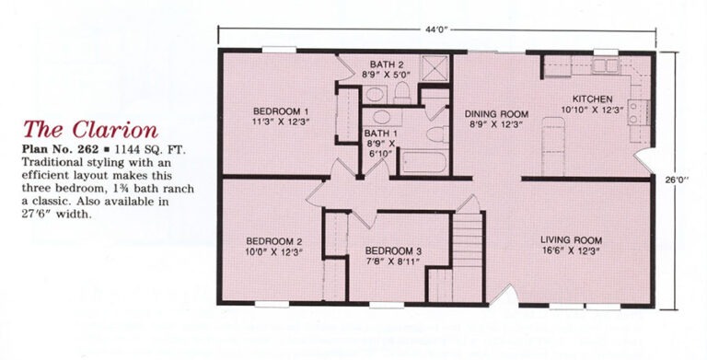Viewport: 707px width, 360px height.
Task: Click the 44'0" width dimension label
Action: (x=435, y=30)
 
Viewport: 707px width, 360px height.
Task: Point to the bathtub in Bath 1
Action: (x=423, y=162)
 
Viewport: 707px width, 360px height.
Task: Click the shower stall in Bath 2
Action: (x=434, y=68)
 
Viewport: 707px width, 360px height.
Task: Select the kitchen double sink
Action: (x=605, y=66)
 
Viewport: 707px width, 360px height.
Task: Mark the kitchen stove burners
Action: (x=637, y=112)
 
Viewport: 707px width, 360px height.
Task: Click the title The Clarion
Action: (x=90, y=130)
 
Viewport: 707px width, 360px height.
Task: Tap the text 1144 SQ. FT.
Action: (x=151, y=150)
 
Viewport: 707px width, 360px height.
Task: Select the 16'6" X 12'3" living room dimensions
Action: (x=572, y=251)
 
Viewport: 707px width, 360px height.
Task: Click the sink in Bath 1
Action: (x=381, y=117)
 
